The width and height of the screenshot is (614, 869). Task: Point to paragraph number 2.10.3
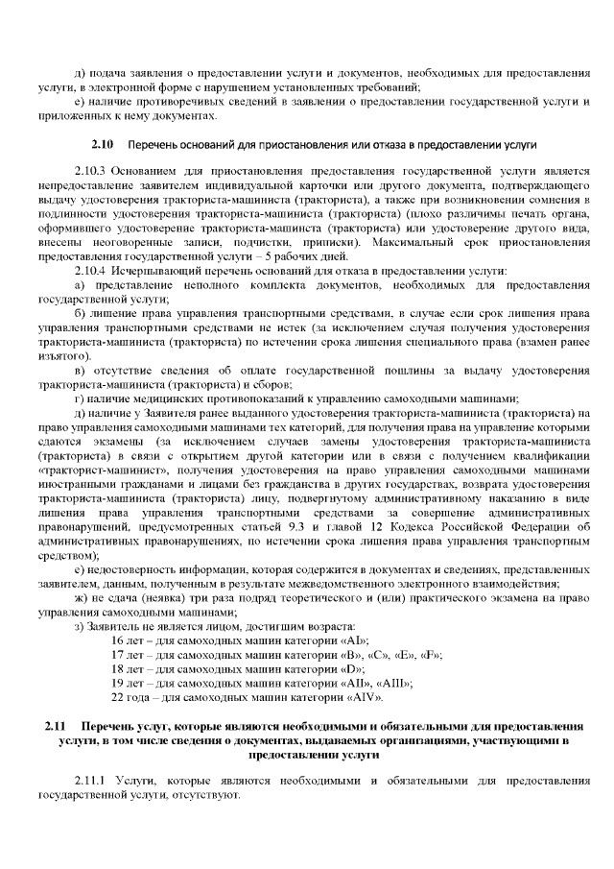point(90,172)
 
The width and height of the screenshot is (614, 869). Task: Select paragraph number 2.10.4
point(90,272)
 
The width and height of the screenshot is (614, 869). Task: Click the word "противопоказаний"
point(223,398)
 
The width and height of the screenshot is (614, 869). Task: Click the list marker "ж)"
point(80,597)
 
